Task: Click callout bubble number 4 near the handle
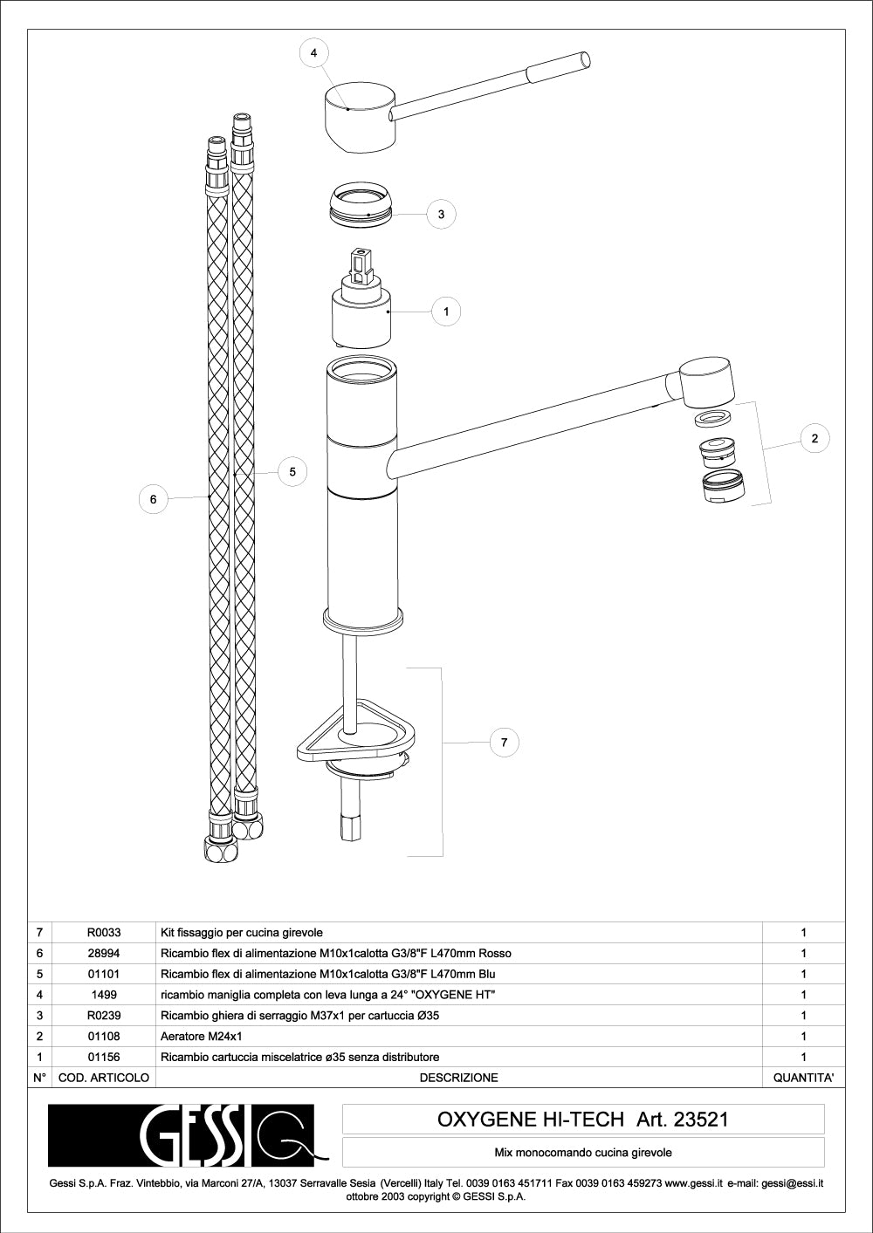[314, 53]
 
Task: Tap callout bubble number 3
[441, 214]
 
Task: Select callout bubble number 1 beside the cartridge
[446, 311]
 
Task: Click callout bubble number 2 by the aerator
[815, 438]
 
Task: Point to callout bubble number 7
[504, 743]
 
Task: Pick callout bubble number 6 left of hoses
[154, 499]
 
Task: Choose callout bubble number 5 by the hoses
[292, 471]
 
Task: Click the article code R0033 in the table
[104, 932]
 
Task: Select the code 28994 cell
[104, 953]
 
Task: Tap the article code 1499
[104, 995]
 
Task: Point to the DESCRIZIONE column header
[458, 1078]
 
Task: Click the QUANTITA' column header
[803, 1078]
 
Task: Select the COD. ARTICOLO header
[104, 1078]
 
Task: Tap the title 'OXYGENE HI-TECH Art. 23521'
[582, 1119]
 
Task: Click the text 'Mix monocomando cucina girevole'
[582, 1153]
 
